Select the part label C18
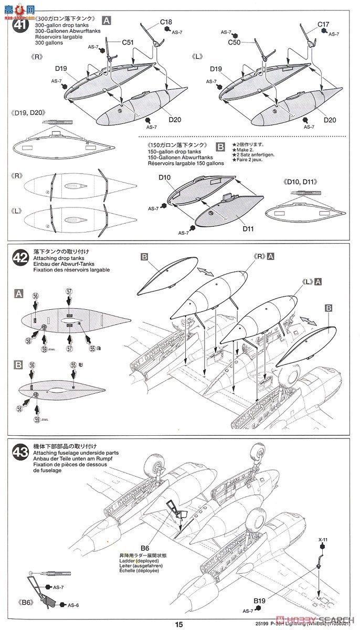(166, 23)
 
